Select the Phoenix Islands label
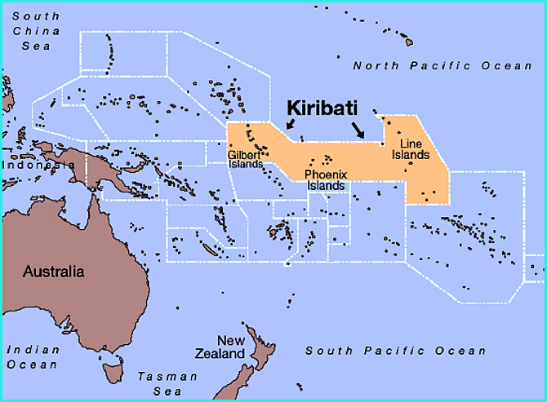coord(326,180)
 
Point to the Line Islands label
coord(416,149)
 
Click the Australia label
coord(54,271)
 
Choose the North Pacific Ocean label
coord(442,65)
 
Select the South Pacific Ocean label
coord(395,351)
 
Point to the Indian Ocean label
coord(33,356)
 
